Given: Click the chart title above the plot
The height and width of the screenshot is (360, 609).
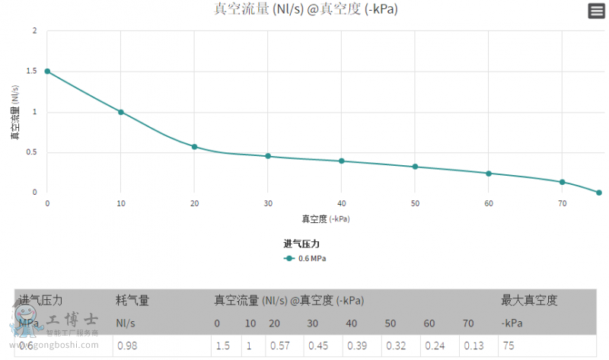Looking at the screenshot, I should click(305, 9).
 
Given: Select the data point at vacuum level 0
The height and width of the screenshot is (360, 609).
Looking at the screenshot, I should click(47, 72).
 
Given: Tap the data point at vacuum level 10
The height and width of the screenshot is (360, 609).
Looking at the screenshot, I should click(120, 112).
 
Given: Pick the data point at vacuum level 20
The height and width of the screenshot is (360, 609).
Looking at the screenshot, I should click(194, 146).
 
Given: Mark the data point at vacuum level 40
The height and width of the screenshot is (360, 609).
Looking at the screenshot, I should click(341, 161).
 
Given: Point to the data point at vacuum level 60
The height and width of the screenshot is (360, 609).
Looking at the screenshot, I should click(489, 174).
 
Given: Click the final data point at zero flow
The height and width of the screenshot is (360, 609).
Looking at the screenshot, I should click(599, 193).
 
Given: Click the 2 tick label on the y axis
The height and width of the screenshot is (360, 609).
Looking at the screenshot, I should click(34, 31).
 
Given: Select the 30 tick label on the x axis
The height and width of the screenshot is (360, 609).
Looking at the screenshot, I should click(267, 204).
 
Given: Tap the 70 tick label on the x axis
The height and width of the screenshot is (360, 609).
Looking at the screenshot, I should click(562, 204).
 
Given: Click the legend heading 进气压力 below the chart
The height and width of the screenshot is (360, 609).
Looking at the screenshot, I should click(306, 244).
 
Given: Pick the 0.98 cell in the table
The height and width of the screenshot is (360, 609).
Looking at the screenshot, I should click(126, 346).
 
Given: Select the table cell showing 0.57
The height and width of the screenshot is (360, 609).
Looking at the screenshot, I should click(280, 346).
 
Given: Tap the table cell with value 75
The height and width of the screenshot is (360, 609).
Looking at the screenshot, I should click(508, 346).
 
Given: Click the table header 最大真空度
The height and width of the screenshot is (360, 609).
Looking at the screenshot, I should click(529, 301).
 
